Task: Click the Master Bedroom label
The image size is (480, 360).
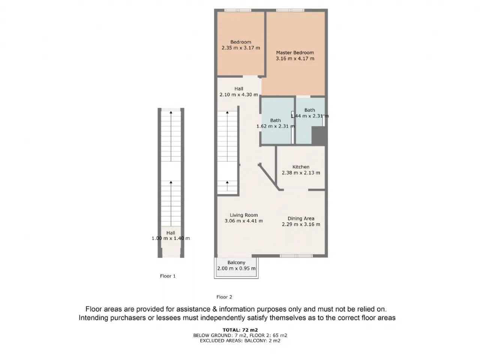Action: [295, 52]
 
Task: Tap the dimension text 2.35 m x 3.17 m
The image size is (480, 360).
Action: [241, 48]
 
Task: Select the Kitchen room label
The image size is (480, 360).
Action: [301, 167]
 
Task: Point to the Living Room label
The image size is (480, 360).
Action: [244, 215]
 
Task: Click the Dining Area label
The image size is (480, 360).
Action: [301, 219]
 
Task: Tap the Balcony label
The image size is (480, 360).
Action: [236, 262]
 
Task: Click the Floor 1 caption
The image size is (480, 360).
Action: [168, 276]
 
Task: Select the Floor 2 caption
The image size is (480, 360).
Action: [224, 297]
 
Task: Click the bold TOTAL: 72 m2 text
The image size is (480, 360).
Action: [240, 330]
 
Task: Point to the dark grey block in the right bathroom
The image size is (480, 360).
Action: [319, 135]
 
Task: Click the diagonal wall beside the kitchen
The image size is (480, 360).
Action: [269, 177]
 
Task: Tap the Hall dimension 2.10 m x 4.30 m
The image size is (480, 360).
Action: [238, 94]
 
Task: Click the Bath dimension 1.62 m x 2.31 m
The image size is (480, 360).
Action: [276, 126]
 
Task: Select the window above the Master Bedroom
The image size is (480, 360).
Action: [290, 10]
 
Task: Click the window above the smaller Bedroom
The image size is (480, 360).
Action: [238, 10]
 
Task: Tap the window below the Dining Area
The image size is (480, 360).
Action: [296, 256]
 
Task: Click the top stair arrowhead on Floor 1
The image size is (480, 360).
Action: [171, 112]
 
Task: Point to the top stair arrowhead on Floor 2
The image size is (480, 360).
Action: [227, 112]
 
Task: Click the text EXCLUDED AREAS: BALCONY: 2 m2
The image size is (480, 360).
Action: [240, 340]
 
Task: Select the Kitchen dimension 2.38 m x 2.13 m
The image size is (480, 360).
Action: [301, 173]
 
